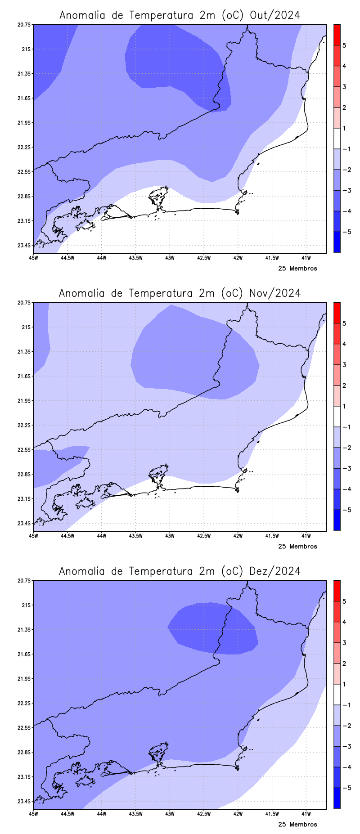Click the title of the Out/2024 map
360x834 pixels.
[x=180, y=15]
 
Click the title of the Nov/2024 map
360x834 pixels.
[x=180, y=293]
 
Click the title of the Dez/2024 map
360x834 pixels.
[x=180, y=571]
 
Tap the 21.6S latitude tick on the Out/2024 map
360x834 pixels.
[x=25, y=98]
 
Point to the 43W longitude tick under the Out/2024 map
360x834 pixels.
[x=170, y=258]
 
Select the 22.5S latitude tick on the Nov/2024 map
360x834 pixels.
[x=25, y=449]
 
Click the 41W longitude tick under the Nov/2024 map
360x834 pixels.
[x=306, y=536]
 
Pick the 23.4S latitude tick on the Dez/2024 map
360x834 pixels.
[x=25, y=801]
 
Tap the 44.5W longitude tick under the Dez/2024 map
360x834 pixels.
[x=67, y=814]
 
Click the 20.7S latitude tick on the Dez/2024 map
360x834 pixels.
[x=25, y=580]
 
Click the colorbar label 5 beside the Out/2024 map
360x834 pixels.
[x=344, y=45]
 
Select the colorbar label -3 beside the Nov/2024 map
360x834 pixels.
[x=346, y=468]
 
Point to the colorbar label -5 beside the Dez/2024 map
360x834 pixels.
[x=346, y=788]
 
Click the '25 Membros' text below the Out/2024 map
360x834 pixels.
[x=297, y=269]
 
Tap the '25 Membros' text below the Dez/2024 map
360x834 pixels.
[x=297, y=825]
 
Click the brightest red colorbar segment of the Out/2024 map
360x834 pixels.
[x=337, y=35]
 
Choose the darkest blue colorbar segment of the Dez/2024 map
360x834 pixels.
[x=337, y=798]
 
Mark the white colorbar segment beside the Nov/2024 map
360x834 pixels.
[x=337, y=417]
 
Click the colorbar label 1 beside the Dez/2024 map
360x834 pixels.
[x=344, y=684]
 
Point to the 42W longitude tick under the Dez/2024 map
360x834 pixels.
[x=238, y=814]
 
